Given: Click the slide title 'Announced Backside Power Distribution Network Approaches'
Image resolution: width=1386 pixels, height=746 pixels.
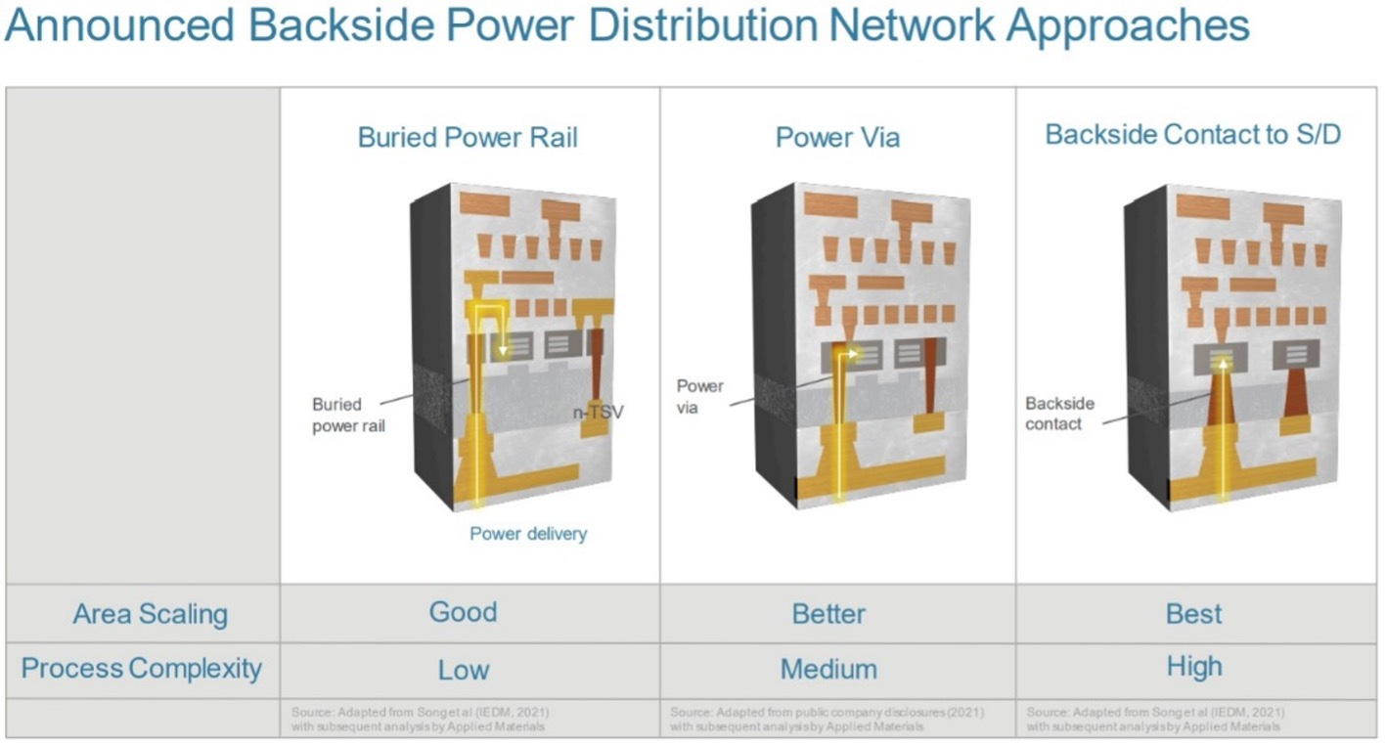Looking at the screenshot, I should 626,26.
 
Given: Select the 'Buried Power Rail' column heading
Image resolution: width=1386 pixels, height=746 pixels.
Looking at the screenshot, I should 468,137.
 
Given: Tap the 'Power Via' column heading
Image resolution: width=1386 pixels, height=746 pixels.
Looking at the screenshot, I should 837,137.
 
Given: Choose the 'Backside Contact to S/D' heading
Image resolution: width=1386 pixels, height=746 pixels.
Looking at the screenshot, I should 1192,135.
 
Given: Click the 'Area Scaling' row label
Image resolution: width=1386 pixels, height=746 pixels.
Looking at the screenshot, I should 150,614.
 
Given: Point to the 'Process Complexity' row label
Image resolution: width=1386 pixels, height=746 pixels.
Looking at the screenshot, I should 142,669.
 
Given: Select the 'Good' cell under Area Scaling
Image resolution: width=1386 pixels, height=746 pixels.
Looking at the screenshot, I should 464,613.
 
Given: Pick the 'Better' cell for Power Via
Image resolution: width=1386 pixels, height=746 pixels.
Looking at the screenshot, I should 828,614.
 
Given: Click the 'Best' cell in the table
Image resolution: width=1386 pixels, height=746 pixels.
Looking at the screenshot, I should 1194,614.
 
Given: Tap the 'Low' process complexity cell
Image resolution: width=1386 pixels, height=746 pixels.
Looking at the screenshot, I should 464,670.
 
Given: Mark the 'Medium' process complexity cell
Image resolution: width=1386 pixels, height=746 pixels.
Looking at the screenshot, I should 828,670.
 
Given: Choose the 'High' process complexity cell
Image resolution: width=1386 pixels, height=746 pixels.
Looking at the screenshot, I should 1194,667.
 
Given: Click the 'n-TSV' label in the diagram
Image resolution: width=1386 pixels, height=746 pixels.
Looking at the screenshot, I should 598,413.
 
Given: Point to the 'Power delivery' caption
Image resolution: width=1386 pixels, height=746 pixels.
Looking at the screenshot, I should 528,534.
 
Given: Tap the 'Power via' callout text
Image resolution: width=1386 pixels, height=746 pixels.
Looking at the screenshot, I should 700,396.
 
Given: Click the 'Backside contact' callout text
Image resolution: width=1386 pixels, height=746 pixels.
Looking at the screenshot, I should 1059,414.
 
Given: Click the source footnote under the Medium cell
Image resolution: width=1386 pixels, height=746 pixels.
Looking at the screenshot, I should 827,719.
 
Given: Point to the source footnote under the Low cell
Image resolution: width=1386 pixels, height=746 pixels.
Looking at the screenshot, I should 427,719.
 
